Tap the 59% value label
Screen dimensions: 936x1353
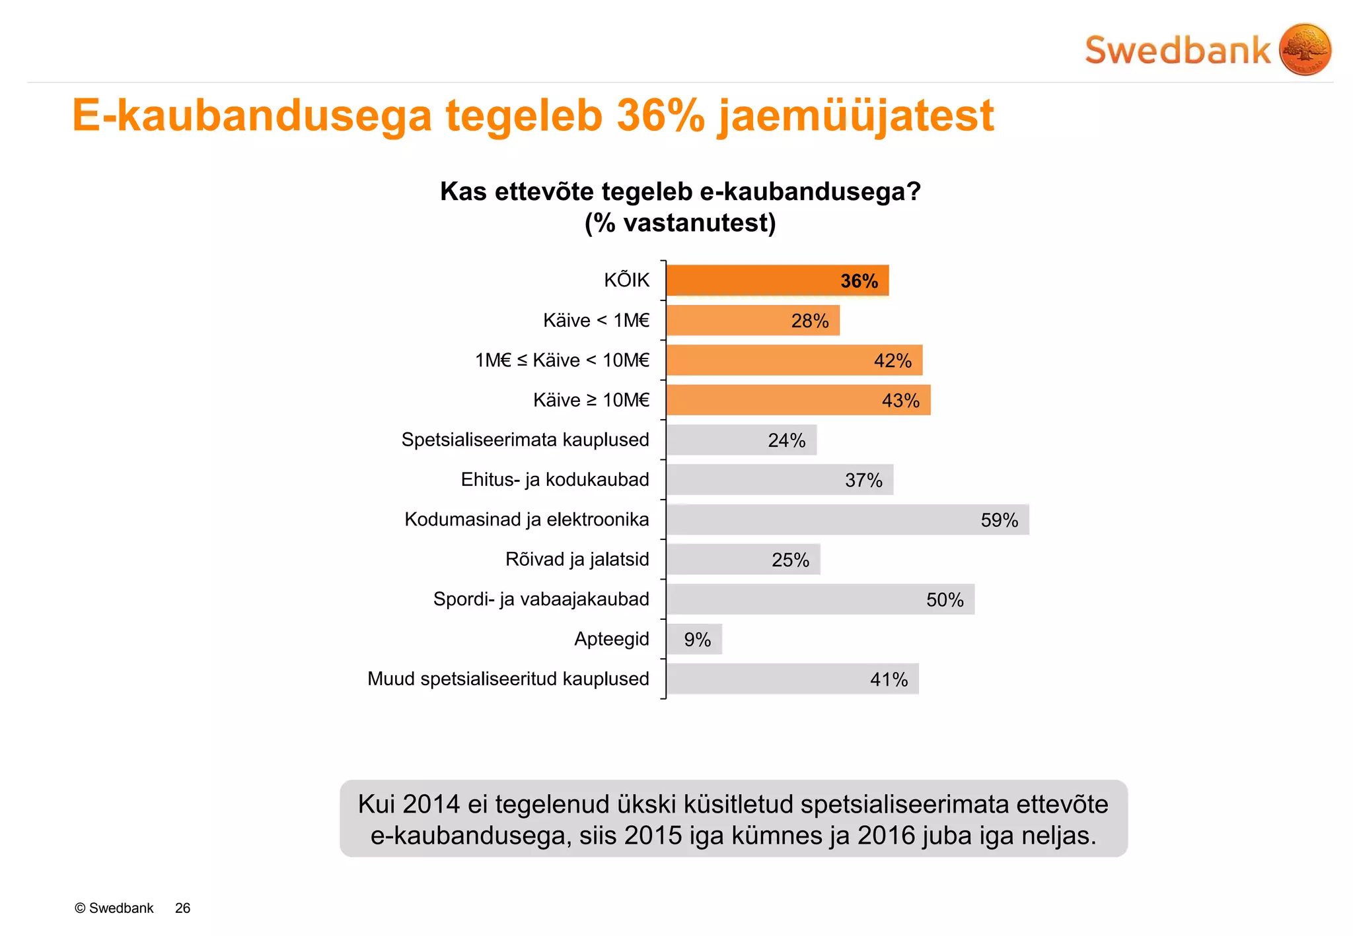tap(999, 520)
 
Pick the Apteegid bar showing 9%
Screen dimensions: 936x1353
tap(694, 639)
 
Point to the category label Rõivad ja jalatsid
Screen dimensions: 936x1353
tap(577, 559)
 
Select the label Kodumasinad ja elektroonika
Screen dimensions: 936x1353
tap(527, 519)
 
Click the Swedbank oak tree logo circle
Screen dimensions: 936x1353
tap(1305, 50)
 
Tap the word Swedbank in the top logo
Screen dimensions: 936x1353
tap(1177, 51)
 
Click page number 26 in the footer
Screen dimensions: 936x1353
tap(182, 908)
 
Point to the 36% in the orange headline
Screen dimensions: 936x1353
tap(661, 116)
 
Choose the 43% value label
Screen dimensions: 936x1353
tap(900, 401)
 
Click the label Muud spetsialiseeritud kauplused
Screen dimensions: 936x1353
tap(508, 679)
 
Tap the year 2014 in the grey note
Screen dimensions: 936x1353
tap(431, 805)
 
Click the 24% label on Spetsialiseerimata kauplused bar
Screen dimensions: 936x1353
tap(786, 440)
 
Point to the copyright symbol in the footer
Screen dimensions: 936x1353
tap(80, 908)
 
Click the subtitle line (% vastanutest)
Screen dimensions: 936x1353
tap(680, 223)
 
